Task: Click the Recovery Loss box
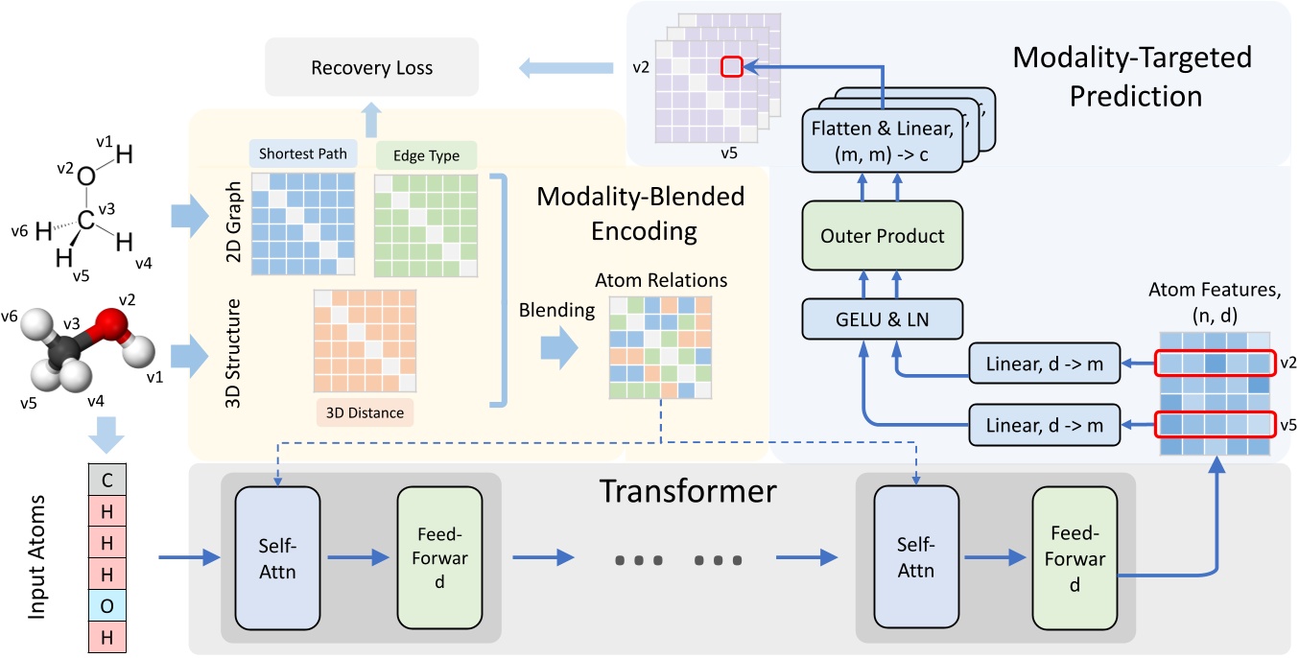coord(371,67)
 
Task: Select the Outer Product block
coord(882,236)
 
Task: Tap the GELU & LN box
coord(882,318)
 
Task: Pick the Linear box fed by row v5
coord(1044,423)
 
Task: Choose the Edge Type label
coord(425,155)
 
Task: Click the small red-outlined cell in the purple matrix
coord(732,66)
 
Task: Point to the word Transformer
coord(687,491)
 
